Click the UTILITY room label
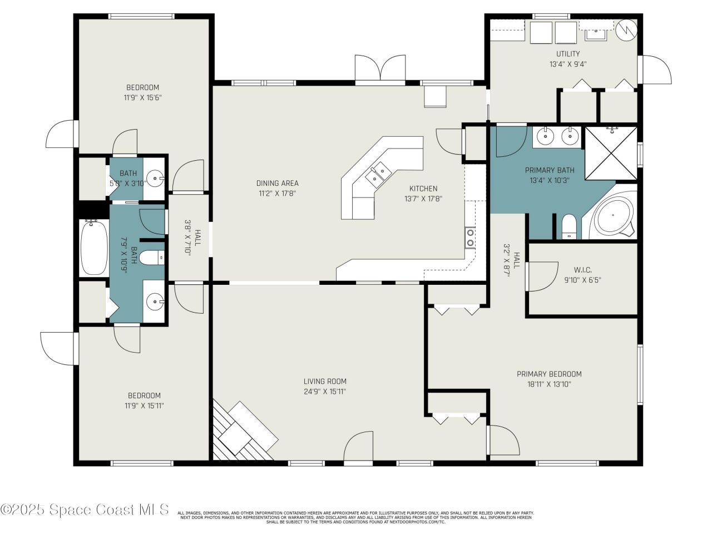[x=568, y=54]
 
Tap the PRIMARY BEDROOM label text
[x=549, y=374]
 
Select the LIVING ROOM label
[x=325, y=382]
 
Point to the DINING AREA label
[x=277, y=183]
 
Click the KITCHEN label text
[x=423, y=189]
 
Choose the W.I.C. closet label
[x=582, y=270]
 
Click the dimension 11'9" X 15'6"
[x=142, y=97]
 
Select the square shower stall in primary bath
[x=611, y=154]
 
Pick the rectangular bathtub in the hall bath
[x=95, y=247]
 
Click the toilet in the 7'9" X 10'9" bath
[x=151, y=258]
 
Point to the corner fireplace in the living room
[x=245, y=432]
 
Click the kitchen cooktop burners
[x=470, y=238]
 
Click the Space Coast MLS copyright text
[x=85, y=510]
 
